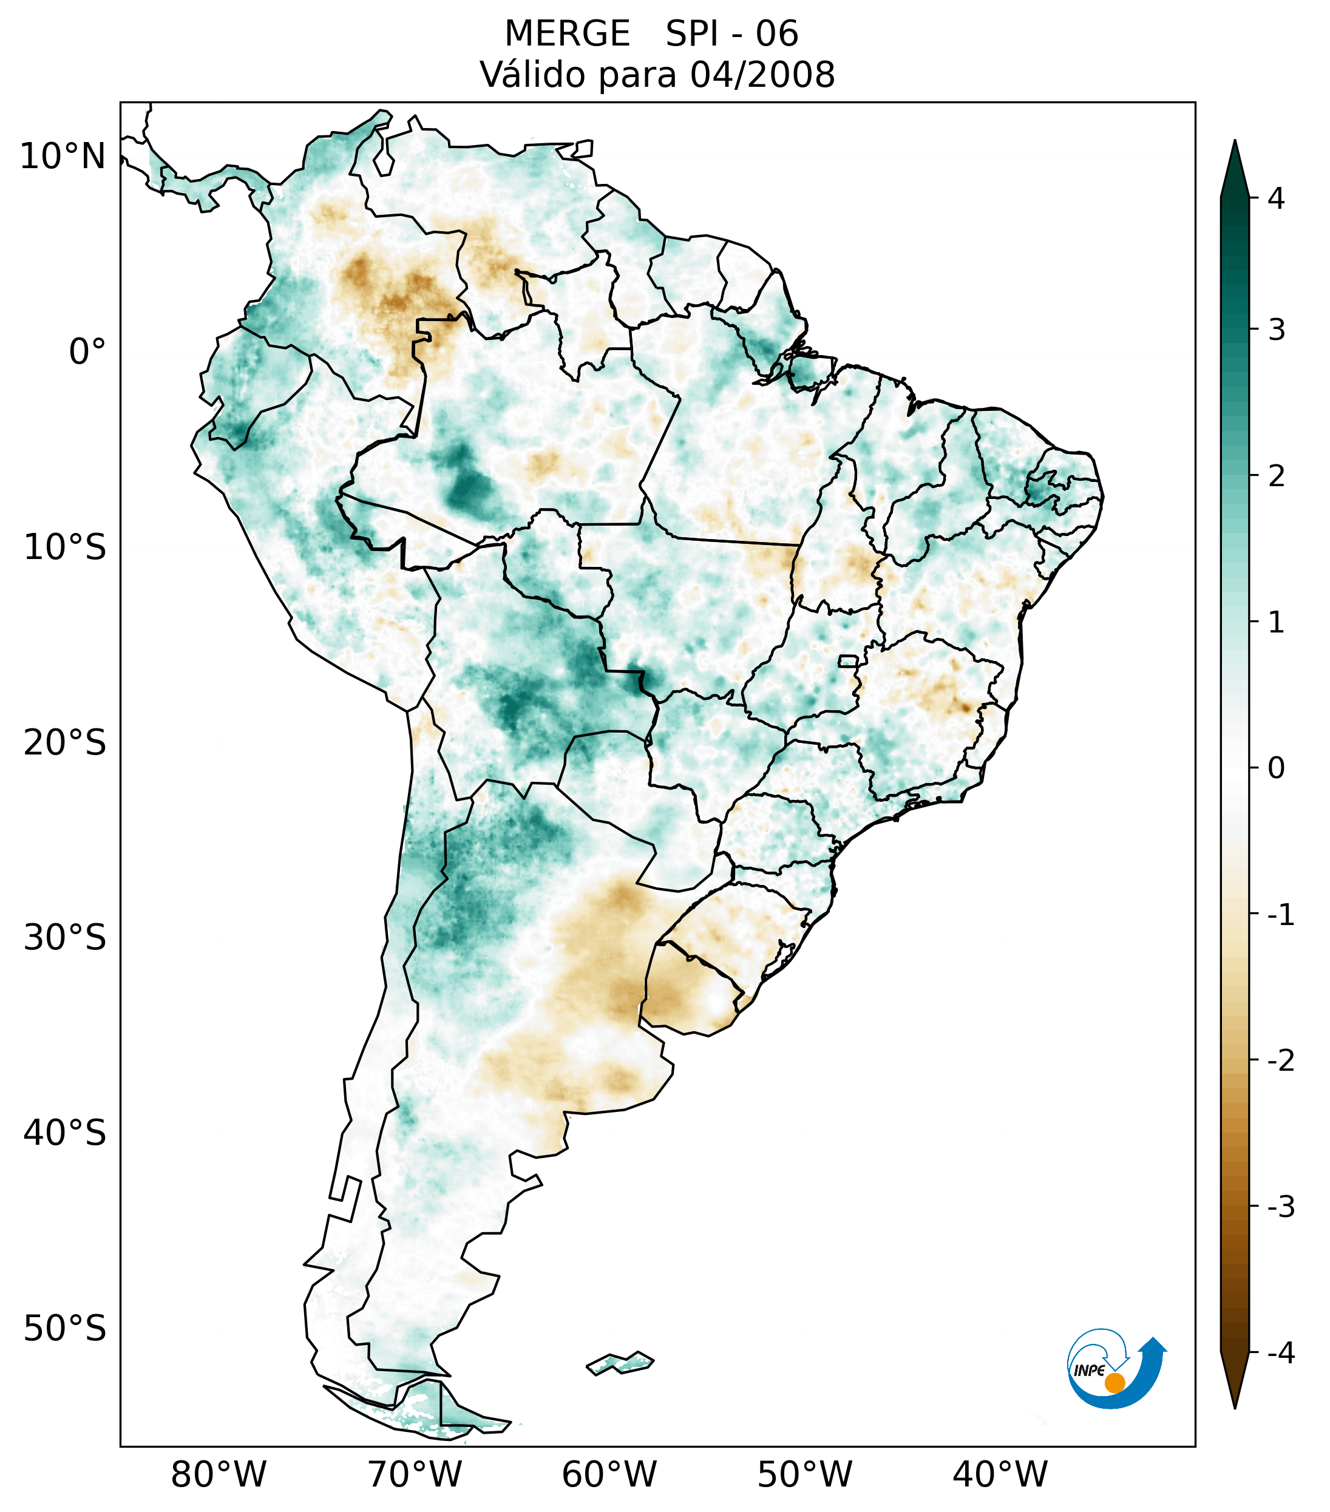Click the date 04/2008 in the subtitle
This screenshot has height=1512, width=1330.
point(762,75)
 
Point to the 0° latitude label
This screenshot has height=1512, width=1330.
point(87,352)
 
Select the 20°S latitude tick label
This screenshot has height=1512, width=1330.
point(65,743)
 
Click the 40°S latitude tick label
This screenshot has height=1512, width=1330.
point(65,1133)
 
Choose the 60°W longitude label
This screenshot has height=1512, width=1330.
point(609,1474)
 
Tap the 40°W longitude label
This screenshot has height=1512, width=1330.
point(1000,1474)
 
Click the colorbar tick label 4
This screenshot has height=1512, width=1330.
point(1276,198)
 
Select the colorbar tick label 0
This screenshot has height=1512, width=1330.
point(1276,768)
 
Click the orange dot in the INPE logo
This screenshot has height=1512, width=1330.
point(1115,1383)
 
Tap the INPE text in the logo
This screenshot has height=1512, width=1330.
point(1089,1371)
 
